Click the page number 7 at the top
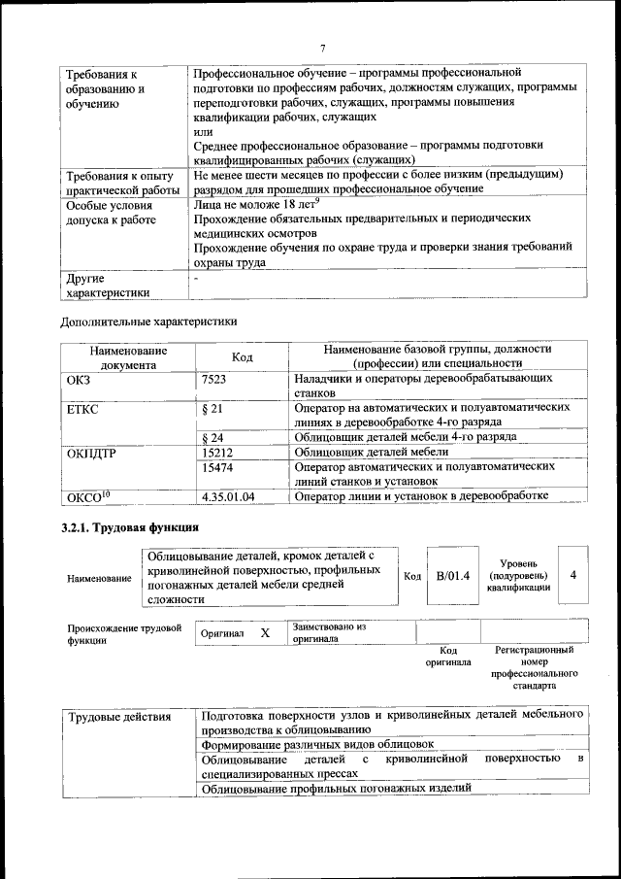[323, 49]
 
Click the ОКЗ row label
[78, 380]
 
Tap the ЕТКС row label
[82, 409]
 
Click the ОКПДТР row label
[91, 453]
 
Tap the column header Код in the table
[243, 357]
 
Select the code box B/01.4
[453, 576]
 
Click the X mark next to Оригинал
[265, 633]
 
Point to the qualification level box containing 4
[573, 575]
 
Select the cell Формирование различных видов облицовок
[316, 744]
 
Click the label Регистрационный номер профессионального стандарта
[534, 667]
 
